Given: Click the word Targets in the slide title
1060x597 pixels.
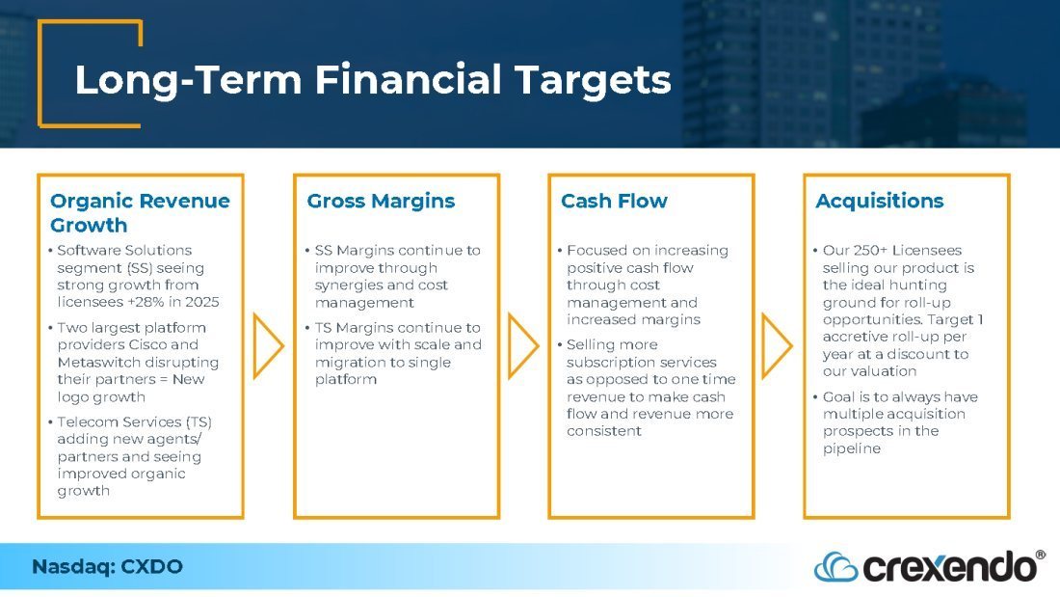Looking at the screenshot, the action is [593, 81].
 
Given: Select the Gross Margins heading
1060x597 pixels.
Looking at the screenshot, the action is [381, 202].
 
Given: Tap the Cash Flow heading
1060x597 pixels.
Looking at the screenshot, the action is [614, 201].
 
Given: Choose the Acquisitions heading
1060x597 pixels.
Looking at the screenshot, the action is [880, 201].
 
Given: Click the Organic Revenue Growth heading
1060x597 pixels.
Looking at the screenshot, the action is [140, 212].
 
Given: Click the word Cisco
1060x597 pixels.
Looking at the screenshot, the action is [148, 344].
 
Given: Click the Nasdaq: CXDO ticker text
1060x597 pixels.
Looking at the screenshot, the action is [108, 566].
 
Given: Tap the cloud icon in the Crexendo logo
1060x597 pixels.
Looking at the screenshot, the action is [835, 567].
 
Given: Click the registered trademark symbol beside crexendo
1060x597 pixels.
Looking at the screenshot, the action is [1041, 555].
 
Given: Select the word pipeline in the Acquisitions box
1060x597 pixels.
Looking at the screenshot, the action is [852, 448].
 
